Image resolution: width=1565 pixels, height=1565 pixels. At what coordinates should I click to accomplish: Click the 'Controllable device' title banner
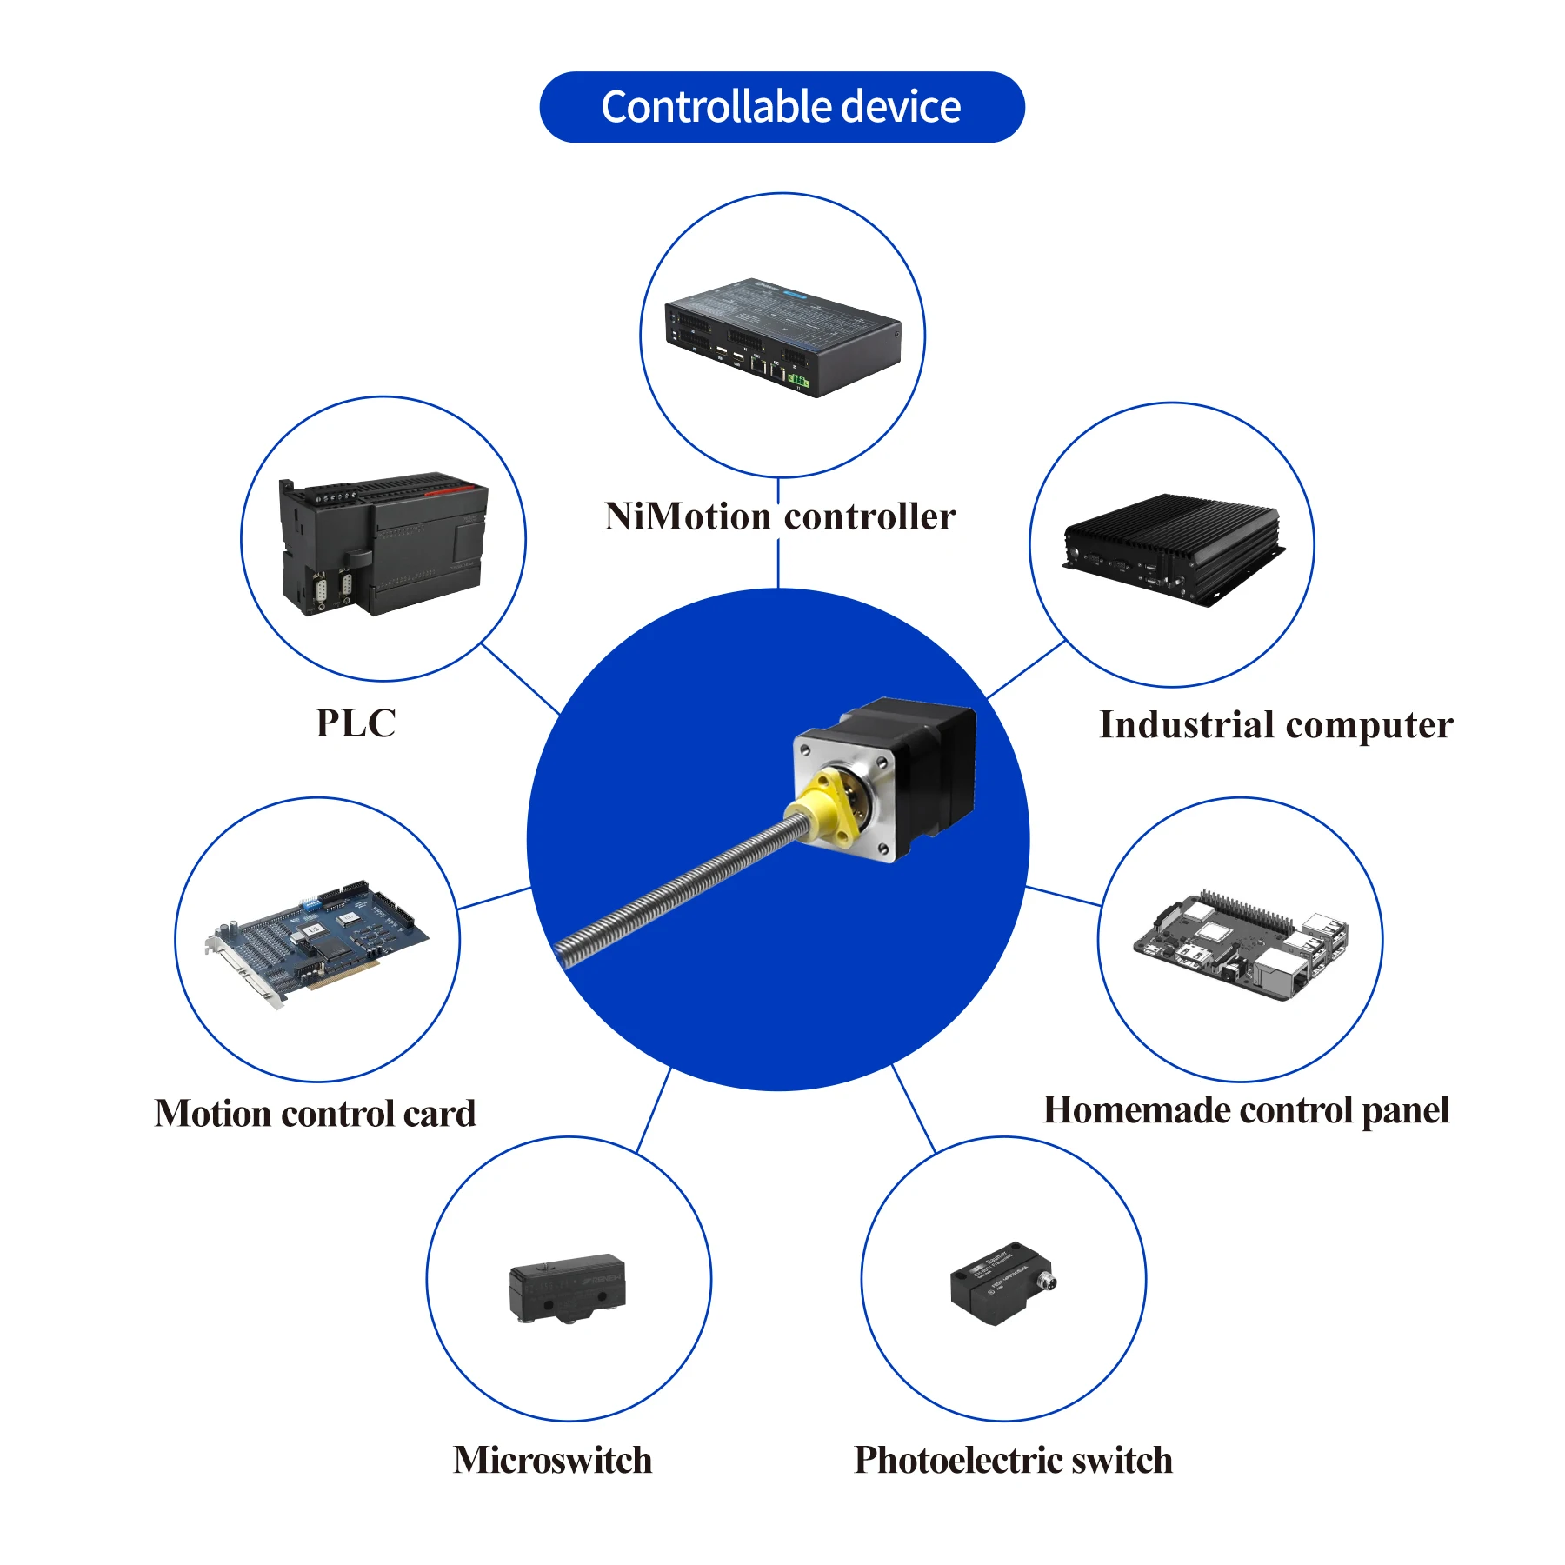click(782, 107)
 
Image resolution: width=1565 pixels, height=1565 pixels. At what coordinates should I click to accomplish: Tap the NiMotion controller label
click(780, 516)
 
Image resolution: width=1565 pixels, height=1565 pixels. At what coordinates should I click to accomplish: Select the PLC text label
click(356, 723)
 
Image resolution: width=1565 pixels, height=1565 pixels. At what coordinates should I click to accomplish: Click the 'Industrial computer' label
click(1275, 725)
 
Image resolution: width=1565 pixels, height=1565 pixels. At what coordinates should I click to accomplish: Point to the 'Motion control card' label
click(316, 1114)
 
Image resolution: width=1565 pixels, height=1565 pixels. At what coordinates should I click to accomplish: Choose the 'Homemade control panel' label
click(1246, 1110)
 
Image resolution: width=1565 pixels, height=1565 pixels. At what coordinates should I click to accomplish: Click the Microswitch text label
click(553, 1460)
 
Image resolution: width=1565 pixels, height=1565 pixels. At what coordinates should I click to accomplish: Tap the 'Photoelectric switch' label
click(1013, 1460)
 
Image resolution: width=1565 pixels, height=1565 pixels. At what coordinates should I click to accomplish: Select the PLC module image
click(383, 543)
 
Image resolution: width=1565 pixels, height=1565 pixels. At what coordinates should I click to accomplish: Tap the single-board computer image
click(1242, 946)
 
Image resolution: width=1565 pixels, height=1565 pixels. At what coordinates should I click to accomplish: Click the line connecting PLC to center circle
click(521, 679)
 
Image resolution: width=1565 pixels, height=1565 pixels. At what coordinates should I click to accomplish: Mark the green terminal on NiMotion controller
click(798, 380)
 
